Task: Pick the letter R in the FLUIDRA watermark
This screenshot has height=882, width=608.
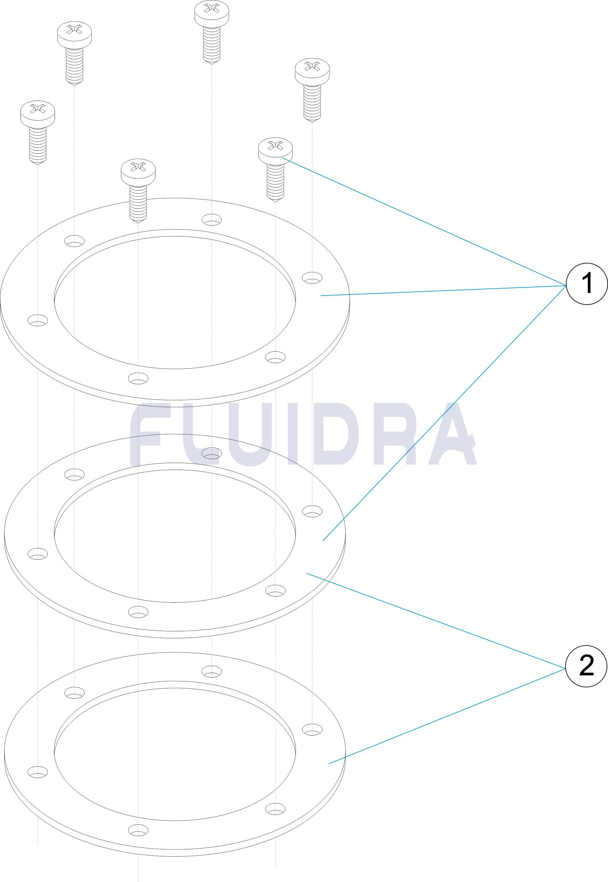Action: click(398, 435)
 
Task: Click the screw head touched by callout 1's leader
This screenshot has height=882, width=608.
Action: click(275, 150)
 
